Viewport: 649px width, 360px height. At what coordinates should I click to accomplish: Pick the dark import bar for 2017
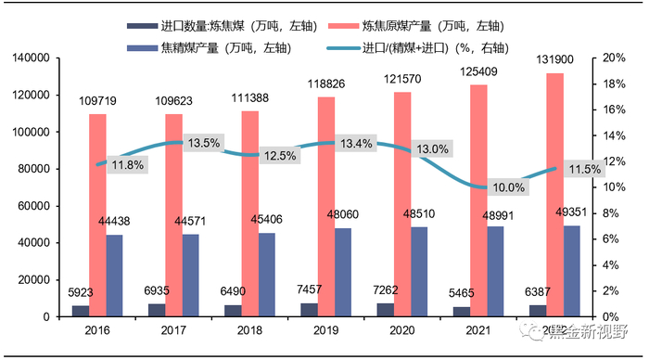point(157,310)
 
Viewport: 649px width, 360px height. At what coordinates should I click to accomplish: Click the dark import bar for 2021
point(462,312)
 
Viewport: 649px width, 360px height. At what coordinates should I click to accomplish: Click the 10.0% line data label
point(508,186)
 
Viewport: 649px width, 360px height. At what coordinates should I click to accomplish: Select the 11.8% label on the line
point(128,165)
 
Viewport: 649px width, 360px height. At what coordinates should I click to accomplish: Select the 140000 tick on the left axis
point(29,58)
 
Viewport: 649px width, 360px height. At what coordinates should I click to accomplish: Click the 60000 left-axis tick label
point(32,206)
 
